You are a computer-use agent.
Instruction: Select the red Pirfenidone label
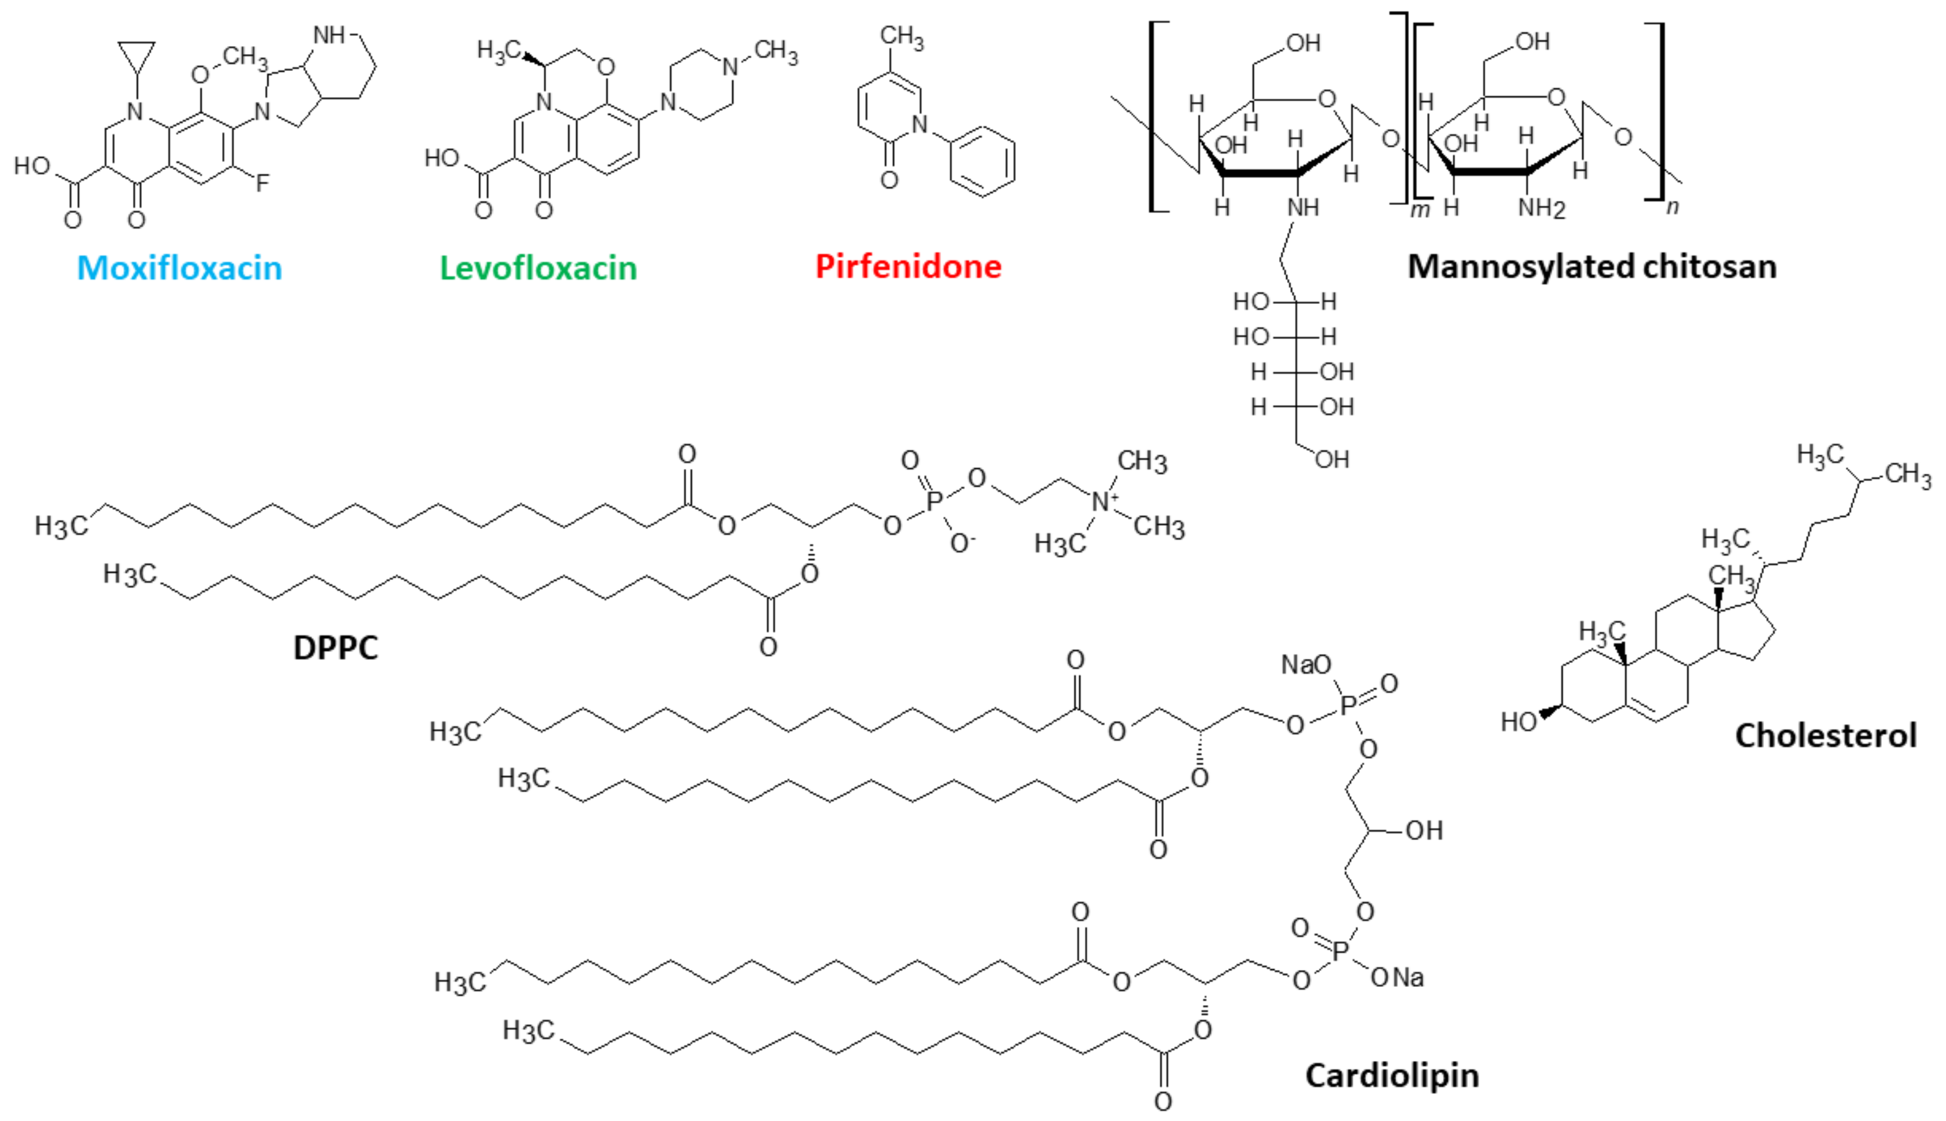pyautogui.click(x=908, y=266)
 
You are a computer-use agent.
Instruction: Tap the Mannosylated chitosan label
pyautogui.click(x=1592, y=266)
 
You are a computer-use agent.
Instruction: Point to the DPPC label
pyautogui.click(x=336, y=647)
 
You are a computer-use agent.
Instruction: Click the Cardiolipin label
pyautogui.click(x=1391, y=1075)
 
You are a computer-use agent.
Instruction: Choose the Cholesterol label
pyautogui.click(x=1825, y=735)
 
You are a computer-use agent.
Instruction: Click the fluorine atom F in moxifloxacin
pyautogui.click(x=263, y=183)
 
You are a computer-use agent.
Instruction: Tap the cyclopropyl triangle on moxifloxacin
pyautogui.click(x=137, y=55)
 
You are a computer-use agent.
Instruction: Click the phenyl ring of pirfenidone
pyautogui.click(x=982, y=162)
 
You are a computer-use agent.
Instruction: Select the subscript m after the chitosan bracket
pyautogui.click(x=1419, y=209)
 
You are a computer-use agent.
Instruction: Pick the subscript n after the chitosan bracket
pyautogui.click(x=1672, y=206)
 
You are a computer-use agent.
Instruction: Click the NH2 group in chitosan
pyautogui.click(x=1542, y=208)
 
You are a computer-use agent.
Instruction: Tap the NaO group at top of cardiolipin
pyautogui.click(x=1305, y=664)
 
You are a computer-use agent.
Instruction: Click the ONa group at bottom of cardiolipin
pyautogui.click(x=1397, y=978)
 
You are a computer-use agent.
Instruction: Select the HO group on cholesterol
pyautogui.click(x=1519, y=722)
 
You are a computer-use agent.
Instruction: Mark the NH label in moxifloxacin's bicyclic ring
pyautogui.click(x=329, y=35)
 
